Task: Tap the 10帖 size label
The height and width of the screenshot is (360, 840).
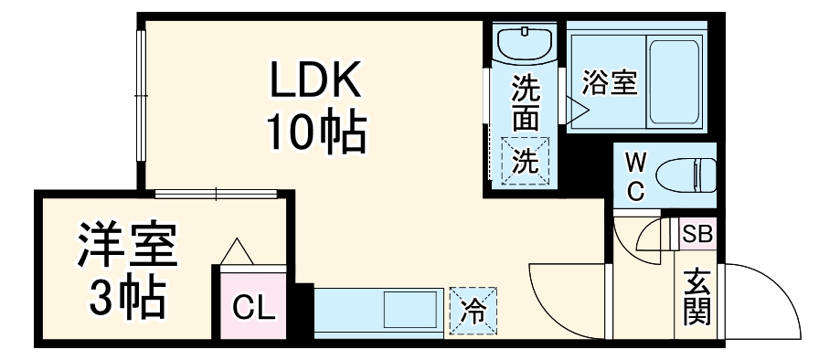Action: pyautogui.click(x=316, y=133)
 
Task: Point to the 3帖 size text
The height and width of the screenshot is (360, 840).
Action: pyautogui.click(x=126, y=292)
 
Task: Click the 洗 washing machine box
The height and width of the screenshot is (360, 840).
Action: pyautogui.click(x=525, y=161)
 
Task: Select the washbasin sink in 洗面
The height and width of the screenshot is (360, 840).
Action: pyautogui.click(x=526, y=43)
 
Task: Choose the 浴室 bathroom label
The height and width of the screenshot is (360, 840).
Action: pyautogui.click(x=610, y=83)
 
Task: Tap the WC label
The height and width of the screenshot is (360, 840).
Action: pyautogui.click(x=636, y=177)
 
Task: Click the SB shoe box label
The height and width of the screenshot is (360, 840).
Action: pyautogui.click(x=697, y=233)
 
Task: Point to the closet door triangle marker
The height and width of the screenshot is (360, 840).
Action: pyautogui.click(x=239, y=251)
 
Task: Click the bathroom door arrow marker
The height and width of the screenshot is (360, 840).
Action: pyautogui.click(x=577, y=111)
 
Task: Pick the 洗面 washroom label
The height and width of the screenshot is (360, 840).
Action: pyautogui.click(x=525, y=103)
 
